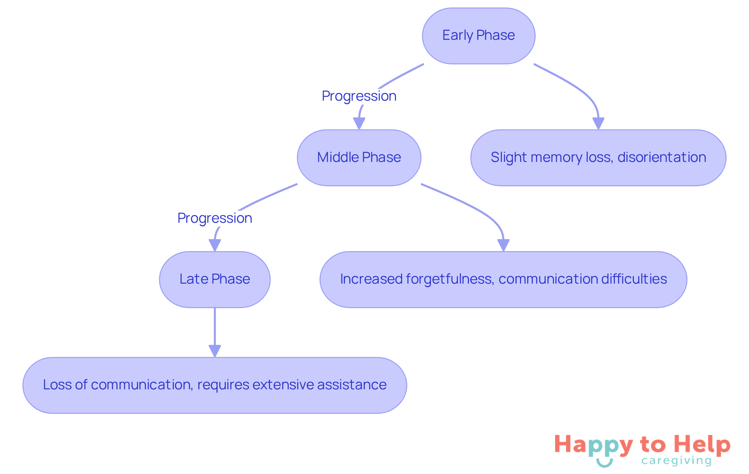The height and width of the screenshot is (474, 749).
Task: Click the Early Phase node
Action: (478, 36)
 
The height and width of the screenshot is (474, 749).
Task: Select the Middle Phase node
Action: (359, 158)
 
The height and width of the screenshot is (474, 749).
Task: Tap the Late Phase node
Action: (215, 279)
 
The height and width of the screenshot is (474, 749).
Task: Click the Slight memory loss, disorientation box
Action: (598, 158)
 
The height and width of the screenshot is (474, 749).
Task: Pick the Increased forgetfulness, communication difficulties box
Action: (503, 279)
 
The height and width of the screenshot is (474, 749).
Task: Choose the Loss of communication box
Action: (215, 385)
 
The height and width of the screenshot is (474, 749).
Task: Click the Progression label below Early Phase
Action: (359, 96)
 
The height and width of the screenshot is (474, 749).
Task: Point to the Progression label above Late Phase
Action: (215, 218)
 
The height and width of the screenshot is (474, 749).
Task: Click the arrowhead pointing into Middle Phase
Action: (359, 124)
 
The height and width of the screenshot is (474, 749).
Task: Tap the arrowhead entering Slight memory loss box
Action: (598, 124)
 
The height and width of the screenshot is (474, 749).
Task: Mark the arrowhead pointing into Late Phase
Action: (215, 245)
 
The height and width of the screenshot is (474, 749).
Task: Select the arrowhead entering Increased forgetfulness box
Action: (503, 245)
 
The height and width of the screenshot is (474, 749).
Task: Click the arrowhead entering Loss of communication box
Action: (215, 351)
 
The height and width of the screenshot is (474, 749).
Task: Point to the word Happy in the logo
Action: (593, 445)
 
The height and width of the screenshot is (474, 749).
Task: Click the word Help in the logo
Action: (702, 444)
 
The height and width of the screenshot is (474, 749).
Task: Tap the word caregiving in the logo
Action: (676, 461)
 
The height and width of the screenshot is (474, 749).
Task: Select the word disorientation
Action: (662, 157)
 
